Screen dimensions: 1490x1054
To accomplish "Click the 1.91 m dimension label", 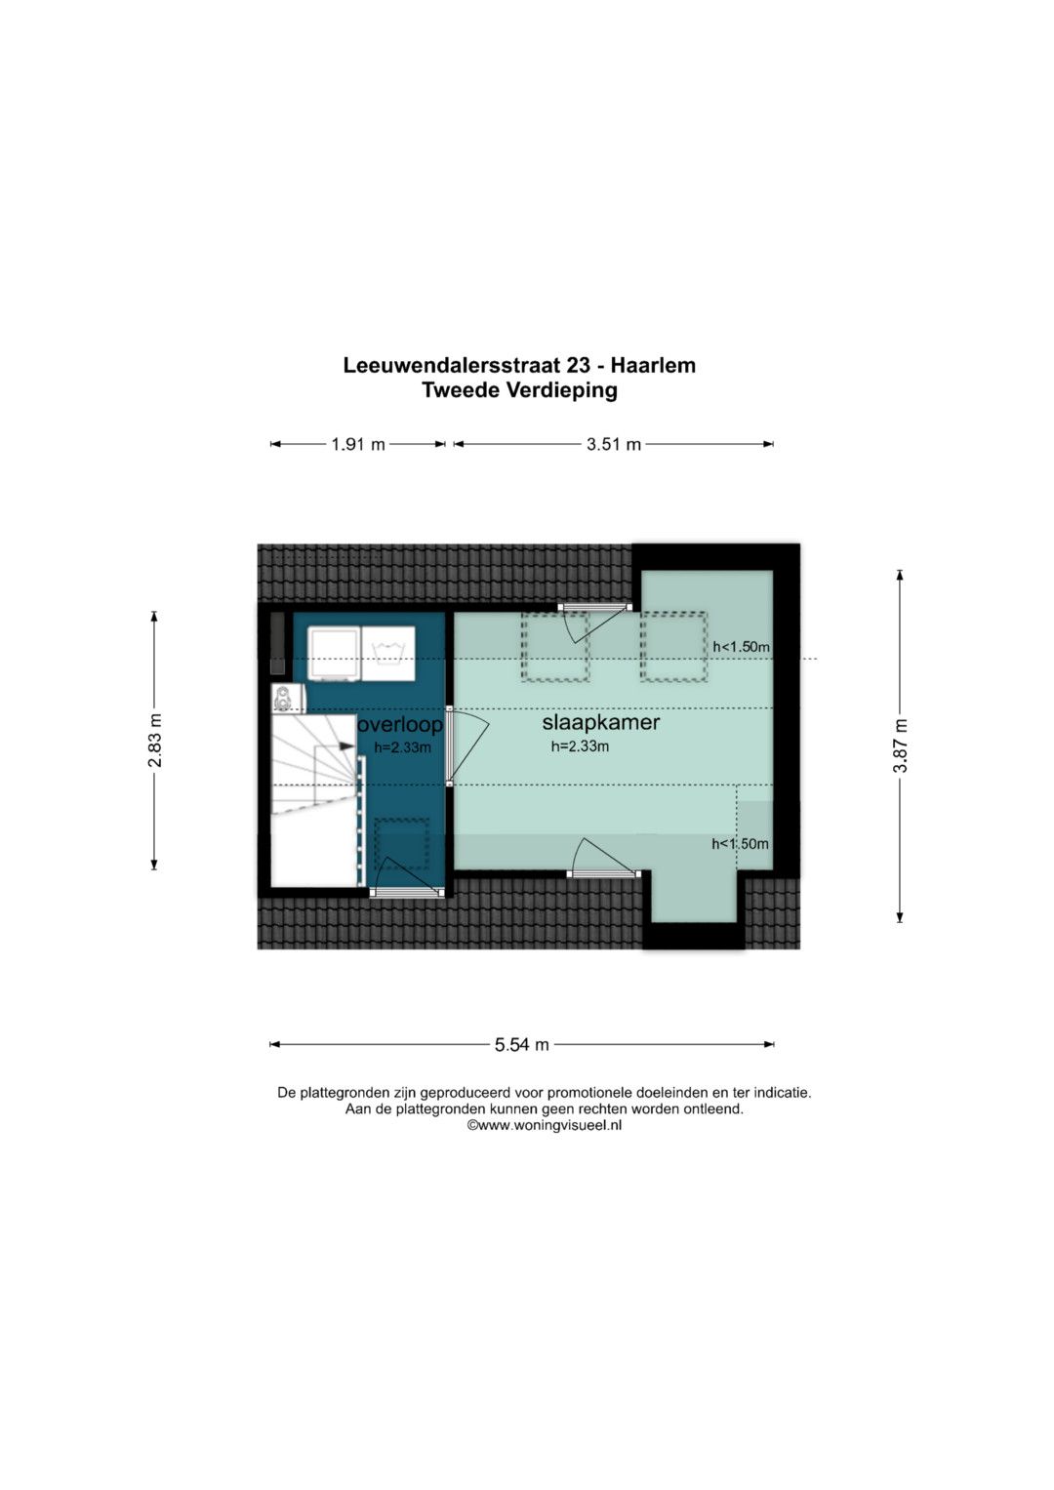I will (x=358, y=444).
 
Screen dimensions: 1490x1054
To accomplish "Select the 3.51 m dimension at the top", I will (x=613, y=444).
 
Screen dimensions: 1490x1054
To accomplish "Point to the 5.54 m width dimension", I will (x=521, y=1044).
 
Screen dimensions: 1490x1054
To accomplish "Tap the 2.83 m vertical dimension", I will (x=155, y=740).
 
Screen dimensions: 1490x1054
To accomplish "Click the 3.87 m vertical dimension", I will (x=900, y=745).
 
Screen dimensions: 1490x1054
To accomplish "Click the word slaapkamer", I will (x=600, y=722).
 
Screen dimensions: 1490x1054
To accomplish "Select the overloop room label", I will (x=400, y=725).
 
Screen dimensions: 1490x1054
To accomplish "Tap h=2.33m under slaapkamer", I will (x=580, y=746).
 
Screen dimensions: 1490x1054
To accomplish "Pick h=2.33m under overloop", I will (x=402, y=747).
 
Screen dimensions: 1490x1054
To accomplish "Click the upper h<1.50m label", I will (x=741, y=647).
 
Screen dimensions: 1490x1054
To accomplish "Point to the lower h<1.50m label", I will (x=740, y=844).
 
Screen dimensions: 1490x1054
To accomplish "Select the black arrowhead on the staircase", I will (x=345, y=746).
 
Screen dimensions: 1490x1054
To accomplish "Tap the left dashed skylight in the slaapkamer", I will (x=554, y=646).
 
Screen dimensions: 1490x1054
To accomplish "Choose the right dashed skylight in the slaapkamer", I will (x=673, y=646).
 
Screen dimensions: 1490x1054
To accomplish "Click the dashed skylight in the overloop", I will (x=401, y=843).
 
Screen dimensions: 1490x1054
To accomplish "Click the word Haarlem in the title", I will (x=653, y=365).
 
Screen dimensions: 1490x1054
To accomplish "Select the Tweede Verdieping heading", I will (x=519, y=390).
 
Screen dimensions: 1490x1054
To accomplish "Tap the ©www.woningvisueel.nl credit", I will (x=544, y=1125).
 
